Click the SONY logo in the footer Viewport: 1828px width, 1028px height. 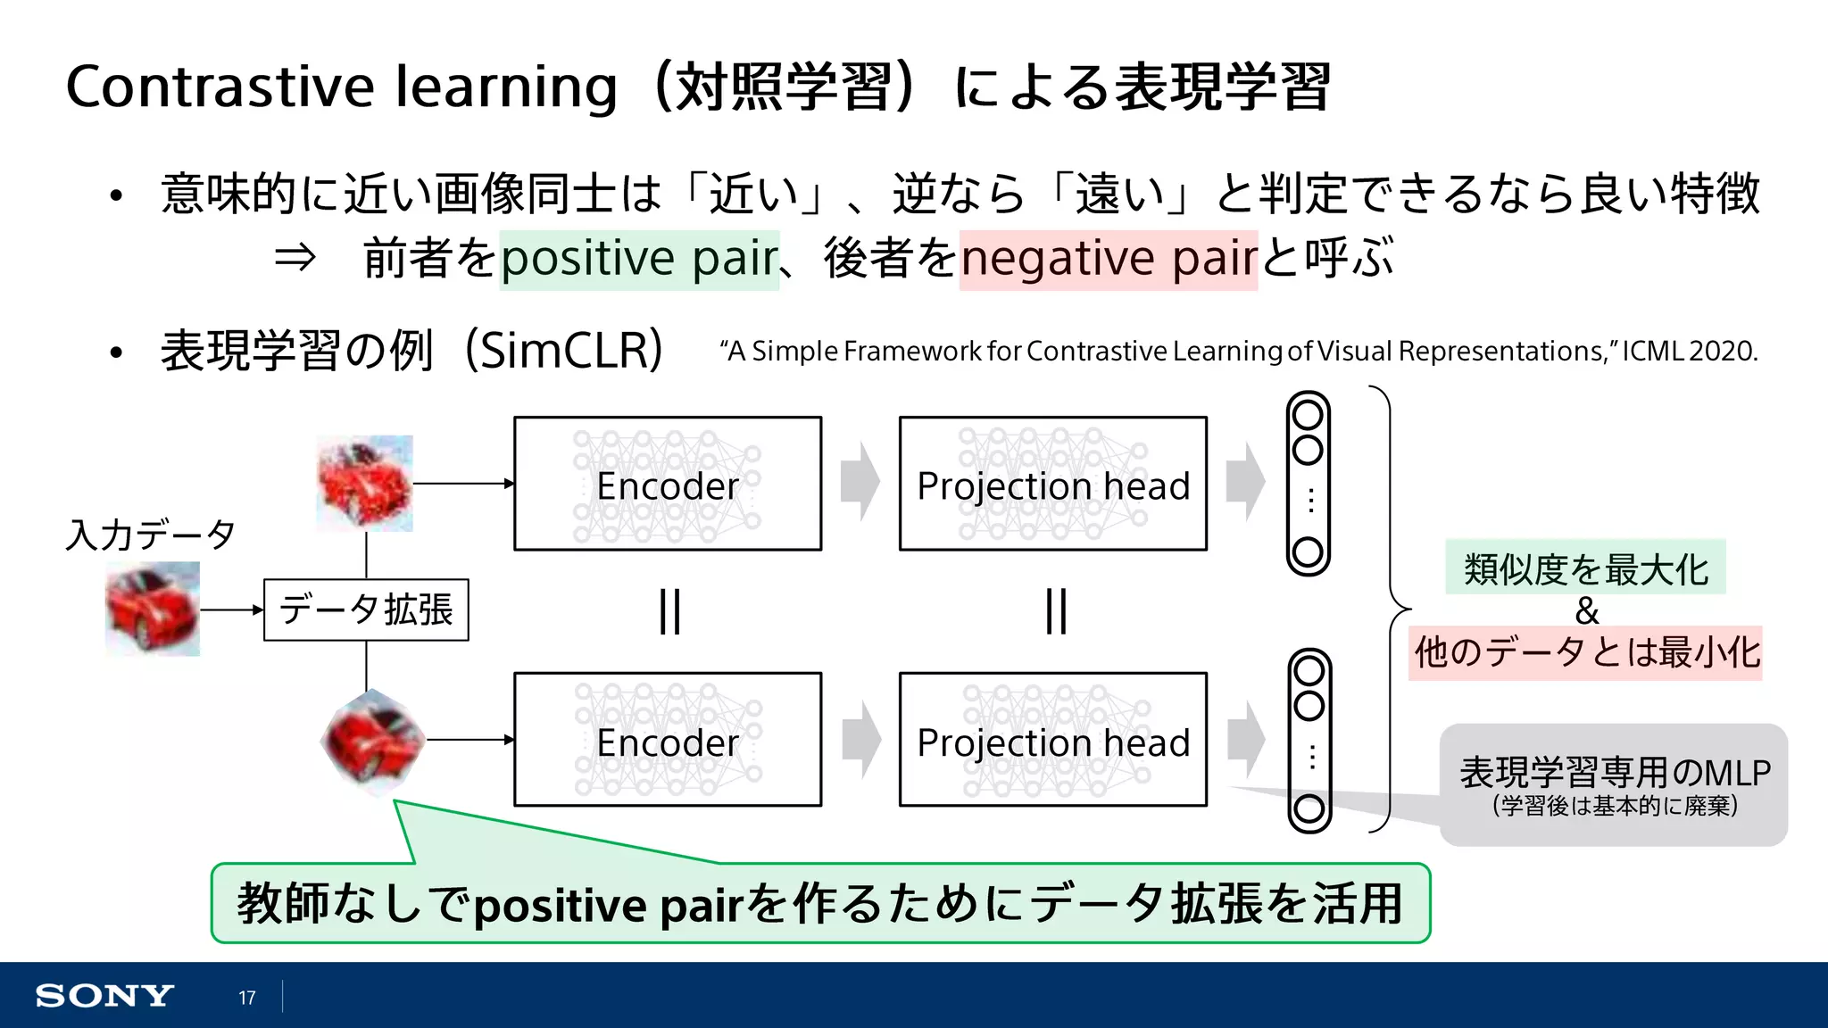(104, 996)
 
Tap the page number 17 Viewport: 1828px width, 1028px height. (247, 998)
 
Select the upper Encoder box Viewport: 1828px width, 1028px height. (668, 484)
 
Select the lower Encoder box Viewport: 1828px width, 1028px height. (668, 740)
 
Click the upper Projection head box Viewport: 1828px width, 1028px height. (1053, 484)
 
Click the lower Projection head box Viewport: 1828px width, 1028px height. (1053, 740)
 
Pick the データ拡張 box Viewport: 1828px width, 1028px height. (366, 610)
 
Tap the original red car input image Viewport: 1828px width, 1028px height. (153, 609)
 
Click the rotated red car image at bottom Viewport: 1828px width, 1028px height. (371, 740)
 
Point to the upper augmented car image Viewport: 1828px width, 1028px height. (365, 484)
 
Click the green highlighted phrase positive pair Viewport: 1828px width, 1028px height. (639, 260)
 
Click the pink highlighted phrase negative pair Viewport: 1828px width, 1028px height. (1109, 260)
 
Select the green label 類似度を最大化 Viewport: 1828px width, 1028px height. (1585, 568)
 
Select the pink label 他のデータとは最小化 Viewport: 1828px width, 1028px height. (1586, 652)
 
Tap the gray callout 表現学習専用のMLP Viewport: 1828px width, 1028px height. (1614, 783)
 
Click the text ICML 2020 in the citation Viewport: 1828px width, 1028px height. (1690, 352)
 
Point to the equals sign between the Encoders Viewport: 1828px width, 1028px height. (669, 611)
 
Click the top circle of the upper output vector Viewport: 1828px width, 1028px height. (1308, 415)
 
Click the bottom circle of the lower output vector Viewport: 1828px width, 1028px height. (1309, 809)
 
